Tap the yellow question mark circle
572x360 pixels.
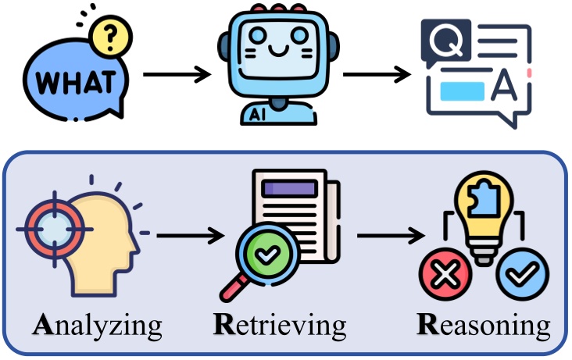109,36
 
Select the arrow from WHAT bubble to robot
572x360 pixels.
177,76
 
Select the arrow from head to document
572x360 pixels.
186,233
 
